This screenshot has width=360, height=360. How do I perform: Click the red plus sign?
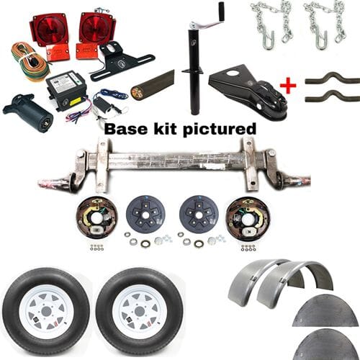(x=287, y=86)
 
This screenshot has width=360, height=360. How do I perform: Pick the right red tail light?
(x=96, y=27)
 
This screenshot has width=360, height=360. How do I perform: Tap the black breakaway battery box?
(x=66, y=94)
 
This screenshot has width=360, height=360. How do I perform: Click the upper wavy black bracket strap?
(x=331, y=78)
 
